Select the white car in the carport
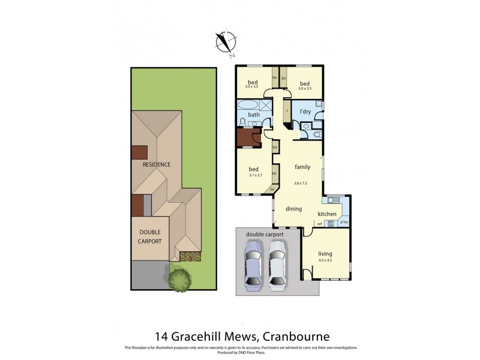pos(277,265)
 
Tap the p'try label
pos(344,223)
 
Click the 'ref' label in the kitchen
pos(320,224)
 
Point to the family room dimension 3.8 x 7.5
pos(301,184)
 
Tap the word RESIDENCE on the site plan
pos(156,164)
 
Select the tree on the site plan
pos(179,279)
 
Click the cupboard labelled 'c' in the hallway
pos(287,111)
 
